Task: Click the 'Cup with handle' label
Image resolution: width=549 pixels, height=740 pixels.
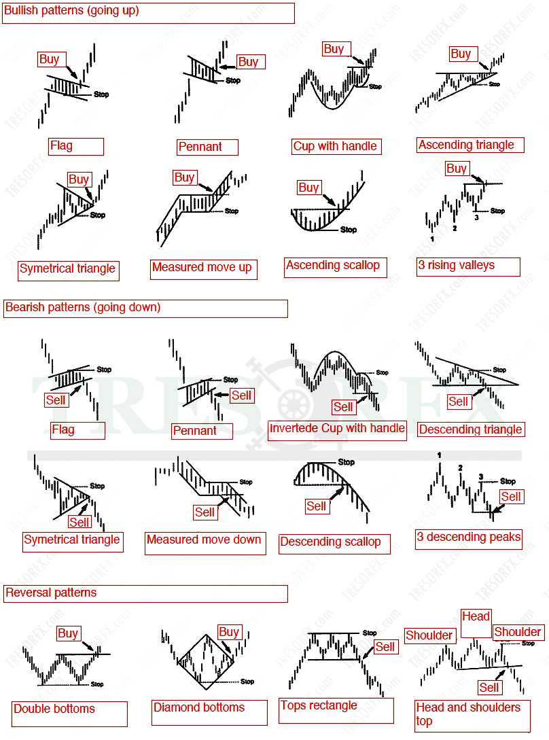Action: point(334,146)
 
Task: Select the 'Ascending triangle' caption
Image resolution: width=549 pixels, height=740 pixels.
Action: point(466,145)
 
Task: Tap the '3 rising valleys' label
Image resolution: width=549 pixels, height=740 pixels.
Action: point(456,266)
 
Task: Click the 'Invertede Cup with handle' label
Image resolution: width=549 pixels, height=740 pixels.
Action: point(337,429)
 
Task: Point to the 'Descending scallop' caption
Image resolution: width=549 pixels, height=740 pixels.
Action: point(330,542)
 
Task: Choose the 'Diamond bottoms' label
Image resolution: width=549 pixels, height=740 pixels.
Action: point(199,707)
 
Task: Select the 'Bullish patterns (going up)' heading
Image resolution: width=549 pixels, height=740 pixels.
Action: point(71,11)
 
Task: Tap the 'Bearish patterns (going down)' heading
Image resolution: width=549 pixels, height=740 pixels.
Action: point(83,307)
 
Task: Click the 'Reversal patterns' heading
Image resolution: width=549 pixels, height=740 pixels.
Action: point(51,593)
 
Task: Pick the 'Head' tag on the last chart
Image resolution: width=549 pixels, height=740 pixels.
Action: point(476,616)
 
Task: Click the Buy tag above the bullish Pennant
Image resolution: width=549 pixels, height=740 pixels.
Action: point(249,62)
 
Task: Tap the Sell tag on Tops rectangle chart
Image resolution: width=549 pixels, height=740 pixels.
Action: point(385,647)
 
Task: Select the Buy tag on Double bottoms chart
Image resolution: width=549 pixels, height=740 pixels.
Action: point(68,633)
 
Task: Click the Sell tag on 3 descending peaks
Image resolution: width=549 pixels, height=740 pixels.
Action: point(511,497)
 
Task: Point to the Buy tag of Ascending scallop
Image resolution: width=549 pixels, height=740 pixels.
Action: point(308,187)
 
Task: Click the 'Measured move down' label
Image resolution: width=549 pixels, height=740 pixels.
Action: point(204,540)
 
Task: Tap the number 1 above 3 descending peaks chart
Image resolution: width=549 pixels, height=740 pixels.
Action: point(440,455)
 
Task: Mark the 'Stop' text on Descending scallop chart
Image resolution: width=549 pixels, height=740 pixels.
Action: point(347,462)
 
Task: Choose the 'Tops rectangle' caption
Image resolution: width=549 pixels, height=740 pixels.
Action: point(319,705)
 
